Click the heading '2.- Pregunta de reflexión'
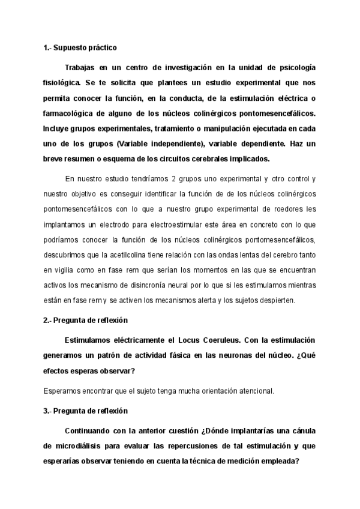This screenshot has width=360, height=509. [x=85, y=321]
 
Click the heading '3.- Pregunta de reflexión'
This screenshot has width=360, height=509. [x=85, y=412]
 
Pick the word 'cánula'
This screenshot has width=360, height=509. [x=302, y=432]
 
